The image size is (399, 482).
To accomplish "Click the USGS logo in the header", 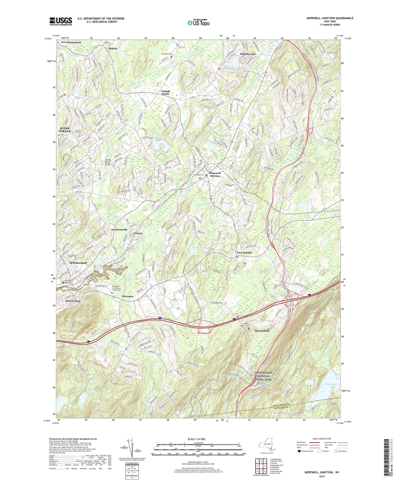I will [x=61, y=21].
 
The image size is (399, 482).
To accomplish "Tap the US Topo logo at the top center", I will [x=198, y=23].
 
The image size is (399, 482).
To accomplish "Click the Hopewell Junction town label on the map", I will [x=215, y=174].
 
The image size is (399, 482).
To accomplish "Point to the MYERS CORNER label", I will [x=65, y=130].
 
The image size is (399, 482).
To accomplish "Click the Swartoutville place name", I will [x=119, y=229].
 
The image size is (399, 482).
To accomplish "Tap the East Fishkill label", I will [x=244, y=253].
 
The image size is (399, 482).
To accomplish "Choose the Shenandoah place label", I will [x=262, y=331].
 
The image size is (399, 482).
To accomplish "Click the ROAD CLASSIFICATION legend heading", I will [x=322, y=439].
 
